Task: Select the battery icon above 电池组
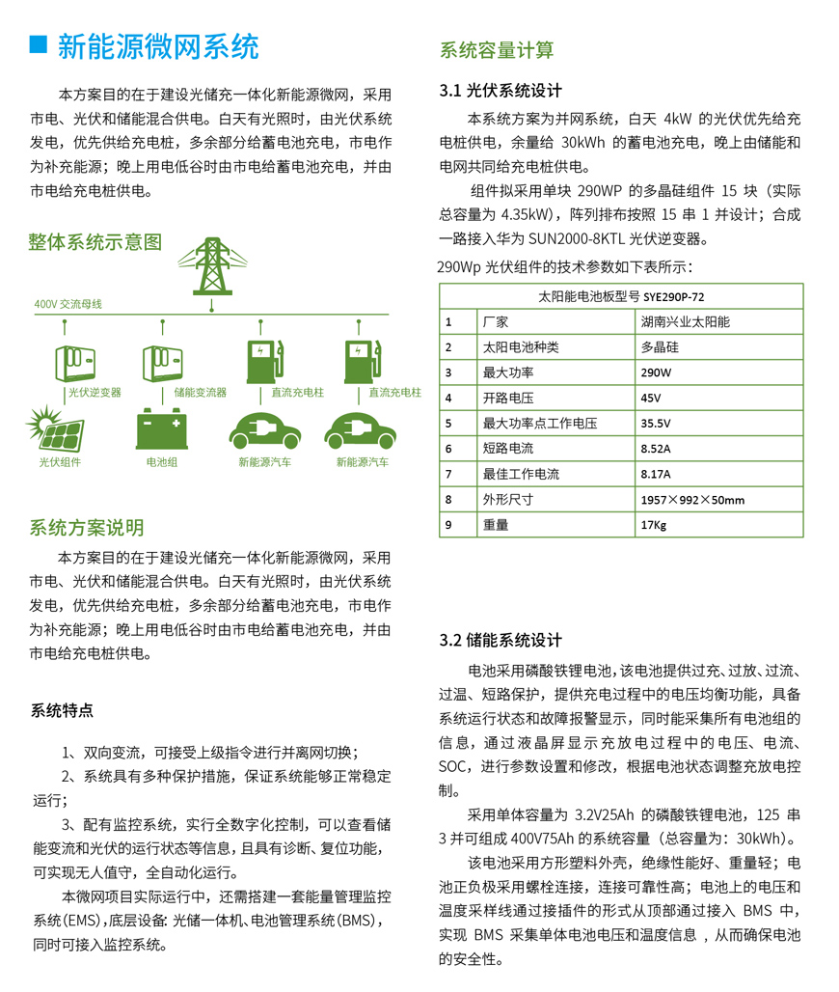click(160, 428)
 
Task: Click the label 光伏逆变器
click(95, 393)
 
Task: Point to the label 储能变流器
click(200, 393)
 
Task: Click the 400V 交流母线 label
click(68, 304)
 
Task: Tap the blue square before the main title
click(39, 45)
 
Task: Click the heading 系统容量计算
click(497, 50)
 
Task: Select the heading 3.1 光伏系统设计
click(501, 91)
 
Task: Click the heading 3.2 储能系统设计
click(501, 641)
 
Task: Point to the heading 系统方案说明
click(87, 527)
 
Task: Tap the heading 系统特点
click(63, 711)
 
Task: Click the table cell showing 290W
click(657, 372)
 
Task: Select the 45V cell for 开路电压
click(651, 398)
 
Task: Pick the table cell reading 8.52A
click(656, 449)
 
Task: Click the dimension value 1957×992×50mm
click(692, 500)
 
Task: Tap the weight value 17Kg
click(653, 525)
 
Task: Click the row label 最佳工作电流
click(521, 474)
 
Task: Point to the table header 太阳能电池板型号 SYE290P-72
click(621, 296)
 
